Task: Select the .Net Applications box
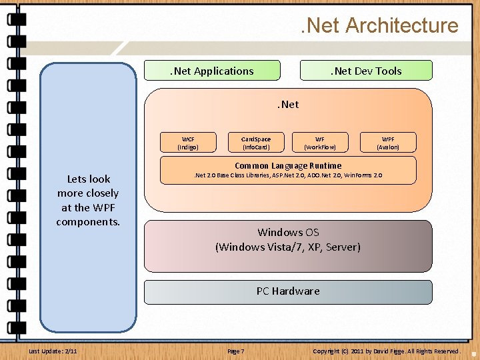[213, 71]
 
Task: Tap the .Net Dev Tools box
[366, 71]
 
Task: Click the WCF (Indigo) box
[188, 143]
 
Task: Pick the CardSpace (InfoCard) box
[256, 143]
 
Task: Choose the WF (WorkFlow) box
[320, 143]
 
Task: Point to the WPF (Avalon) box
[388, 143]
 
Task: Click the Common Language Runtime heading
[288, 165]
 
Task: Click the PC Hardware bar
[288, 291]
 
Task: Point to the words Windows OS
[288, 232]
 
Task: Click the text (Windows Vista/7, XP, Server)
[288, 247]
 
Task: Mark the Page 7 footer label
[236, 351]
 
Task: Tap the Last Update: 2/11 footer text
[53, 351]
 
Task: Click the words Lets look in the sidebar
[89, 179]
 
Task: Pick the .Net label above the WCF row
[288, 104]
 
